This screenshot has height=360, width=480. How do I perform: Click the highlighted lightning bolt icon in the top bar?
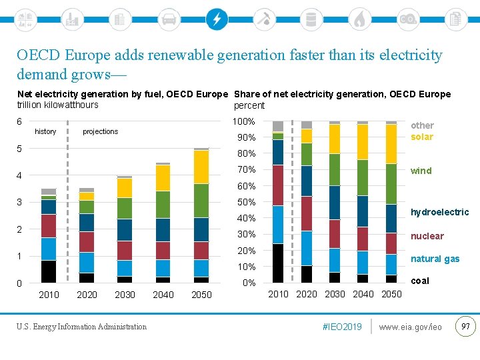coord(217,19)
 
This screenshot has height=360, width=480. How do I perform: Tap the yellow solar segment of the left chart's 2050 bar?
coord(201,167)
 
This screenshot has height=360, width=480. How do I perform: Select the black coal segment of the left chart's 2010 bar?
coord(49,271)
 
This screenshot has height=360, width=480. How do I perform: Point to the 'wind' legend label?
coord(421,171)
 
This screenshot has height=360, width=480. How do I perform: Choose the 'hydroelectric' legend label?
coord(439,212)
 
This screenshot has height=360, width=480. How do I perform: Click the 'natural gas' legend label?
coord(435,259)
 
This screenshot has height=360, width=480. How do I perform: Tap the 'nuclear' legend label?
coord(427,236)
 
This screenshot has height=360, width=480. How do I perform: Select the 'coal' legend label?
coord(420,281)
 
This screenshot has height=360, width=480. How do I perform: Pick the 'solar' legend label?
coord(422,137)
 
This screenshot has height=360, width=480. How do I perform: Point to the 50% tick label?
coord(246,202)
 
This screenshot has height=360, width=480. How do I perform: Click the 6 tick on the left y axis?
coord(19,121)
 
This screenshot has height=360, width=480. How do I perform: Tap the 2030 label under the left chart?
coord(125,295)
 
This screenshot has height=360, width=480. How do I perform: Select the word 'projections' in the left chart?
coord(100,131)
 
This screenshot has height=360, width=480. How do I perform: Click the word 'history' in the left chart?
coord(45,131)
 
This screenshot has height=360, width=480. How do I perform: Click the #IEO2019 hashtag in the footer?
coord(341,327)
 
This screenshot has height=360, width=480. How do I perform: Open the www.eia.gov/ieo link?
coord(410,327)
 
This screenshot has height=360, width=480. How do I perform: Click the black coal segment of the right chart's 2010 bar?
coord(278,263)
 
